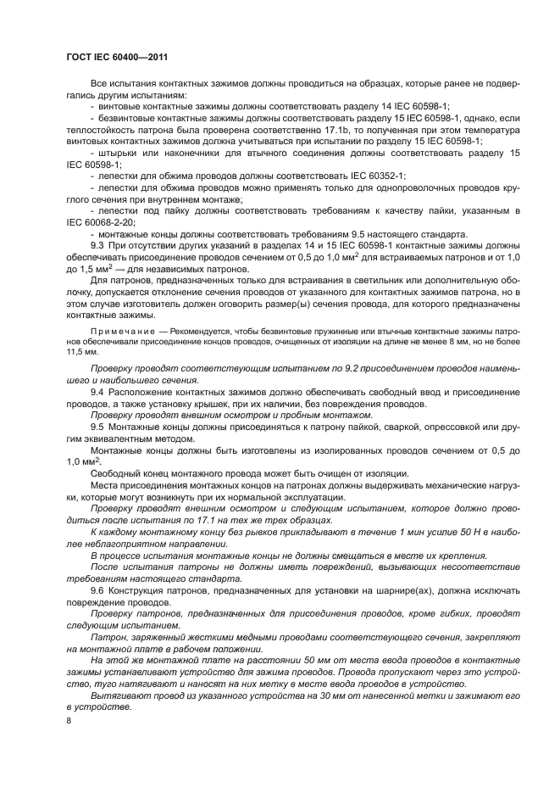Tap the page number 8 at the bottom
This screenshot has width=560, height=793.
pos(69,719)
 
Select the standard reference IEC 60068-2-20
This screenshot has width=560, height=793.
pos(99,221)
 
